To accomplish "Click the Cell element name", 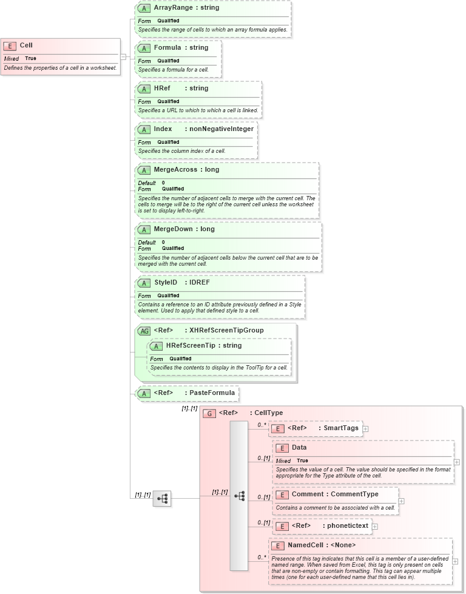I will (x=26, y=45).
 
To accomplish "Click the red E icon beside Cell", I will (x=10, y=46).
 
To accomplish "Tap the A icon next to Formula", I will (x=144, y=48).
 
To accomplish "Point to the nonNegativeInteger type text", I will (x=221, y=129).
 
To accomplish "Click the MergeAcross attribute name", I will (x=175, y=170).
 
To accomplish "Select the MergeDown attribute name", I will (x=173, y=229).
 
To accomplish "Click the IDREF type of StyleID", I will (x=200, y=283).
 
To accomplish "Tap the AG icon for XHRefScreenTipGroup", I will (x=144, y=331).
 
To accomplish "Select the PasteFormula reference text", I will (x=212, y=393).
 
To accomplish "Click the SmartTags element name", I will (x=340, y=428).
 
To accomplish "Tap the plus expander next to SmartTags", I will (x=365, y=429).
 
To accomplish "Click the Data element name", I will (x=299, y=448).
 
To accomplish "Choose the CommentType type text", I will (x=354, y=494).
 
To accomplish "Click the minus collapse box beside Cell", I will (x=123, y=57).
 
